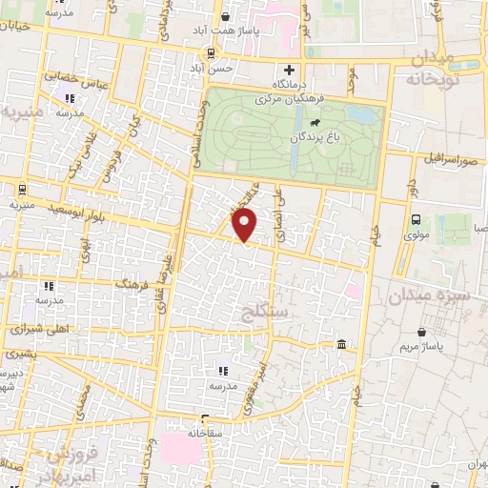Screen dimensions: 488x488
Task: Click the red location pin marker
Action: coord(245,225)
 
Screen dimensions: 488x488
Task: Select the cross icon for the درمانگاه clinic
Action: coord(289,70)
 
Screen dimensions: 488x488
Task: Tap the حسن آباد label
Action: coord(210,70)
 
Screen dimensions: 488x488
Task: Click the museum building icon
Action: coord(341,343)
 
